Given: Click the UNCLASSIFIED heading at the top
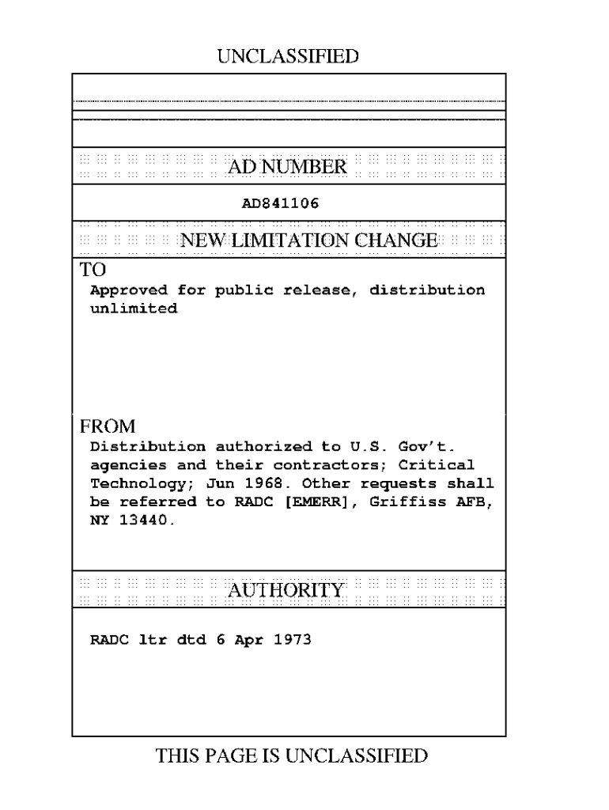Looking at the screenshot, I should click(x=288, y=56).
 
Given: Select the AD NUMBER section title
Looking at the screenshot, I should click(x=287, y=167).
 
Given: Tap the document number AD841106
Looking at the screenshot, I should click(x=280, y=203).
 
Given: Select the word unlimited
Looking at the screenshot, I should click(x=134, y=308).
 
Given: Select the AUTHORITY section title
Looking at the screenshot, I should click(x=286, y=590).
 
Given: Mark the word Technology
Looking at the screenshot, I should click(x=134, y=483).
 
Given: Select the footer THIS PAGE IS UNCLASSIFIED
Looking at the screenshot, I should click(x=292, y=756).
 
